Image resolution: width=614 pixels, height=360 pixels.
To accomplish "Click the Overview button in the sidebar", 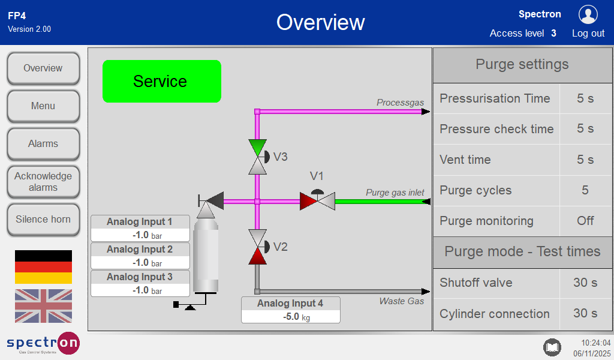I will [43, 68].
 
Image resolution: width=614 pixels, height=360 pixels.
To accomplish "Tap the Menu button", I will [43, 106].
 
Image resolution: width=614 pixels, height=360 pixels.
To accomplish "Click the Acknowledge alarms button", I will [43, 182].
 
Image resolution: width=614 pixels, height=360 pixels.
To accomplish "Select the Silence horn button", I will [43, 220].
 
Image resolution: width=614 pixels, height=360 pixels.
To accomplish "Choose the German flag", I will [43, 267].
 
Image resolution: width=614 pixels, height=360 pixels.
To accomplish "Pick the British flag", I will [43, 306].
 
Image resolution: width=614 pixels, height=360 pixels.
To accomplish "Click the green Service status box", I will [162, 81].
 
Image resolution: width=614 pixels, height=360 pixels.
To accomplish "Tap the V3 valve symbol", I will [257, 157].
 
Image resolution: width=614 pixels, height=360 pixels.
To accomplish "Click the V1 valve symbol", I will [317, 200].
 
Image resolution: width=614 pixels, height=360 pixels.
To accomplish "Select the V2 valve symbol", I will [257, 247].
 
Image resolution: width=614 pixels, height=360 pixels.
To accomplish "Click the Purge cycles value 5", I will [585, 190].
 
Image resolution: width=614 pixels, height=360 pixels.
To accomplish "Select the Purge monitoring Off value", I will [585, 221].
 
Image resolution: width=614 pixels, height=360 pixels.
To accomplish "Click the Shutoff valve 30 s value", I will [585, 283].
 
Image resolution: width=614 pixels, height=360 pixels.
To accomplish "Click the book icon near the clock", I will [552, 347].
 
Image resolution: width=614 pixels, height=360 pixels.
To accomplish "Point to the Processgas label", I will [400, 103].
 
